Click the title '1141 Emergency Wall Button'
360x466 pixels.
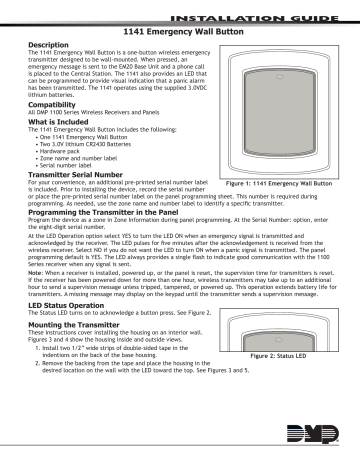click(182, 33)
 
